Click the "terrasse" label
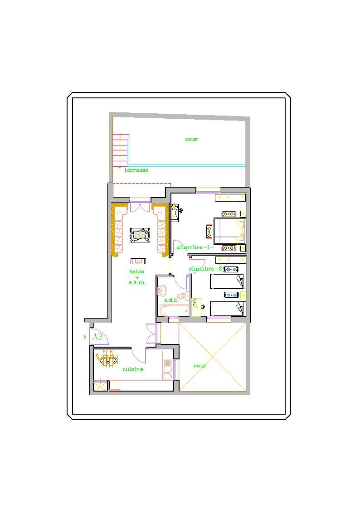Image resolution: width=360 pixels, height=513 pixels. coord(136,170)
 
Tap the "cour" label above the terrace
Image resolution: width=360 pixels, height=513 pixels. coord(191,140)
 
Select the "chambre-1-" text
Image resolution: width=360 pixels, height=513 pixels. coord(195,247)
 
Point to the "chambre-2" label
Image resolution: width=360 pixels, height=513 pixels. coord(205,269)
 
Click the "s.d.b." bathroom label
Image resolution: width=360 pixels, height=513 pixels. coord(171,300)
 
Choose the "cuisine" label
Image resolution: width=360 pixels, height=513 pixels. coord(132,369)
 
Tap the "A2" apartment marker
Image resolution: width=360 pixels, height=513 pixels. coord(98,336)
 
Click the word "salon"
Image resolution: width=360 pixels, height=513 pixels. coord(137,271)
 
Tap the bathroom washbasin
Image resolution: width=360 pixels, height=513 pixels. coord(162,290)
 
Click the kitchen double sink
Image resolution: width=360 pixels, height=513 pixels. coord(168,373)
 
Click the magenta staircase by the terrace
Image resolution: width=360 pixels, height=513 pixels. coord(121,150)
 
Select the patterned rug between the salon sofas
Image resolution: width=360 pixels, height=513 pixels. coord(140,235)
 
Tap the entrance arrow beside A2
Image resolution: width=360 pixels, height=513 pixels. coord(85,337)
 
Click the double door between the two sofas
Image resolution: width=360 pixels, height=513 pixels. coord(141,207)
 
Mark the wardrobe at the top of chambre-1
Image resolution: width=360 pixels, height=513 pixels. coord(230,197)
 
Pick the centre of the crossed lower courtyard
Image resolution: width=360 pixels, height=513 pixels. coord(213,357)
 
